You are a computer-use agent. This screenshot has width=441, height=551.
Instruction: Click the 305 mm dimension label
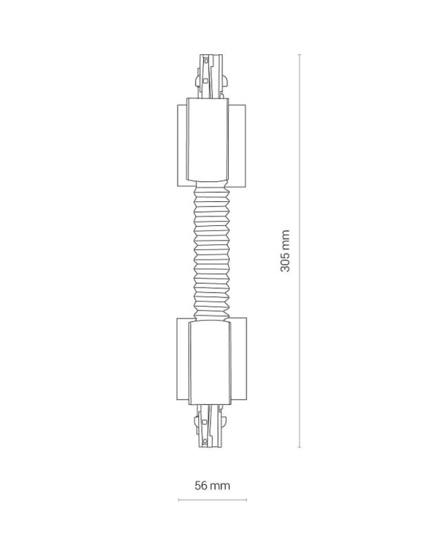click(285, 251)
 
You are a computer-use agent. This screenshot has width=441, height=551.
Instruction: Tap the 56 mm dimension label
click(212, 486)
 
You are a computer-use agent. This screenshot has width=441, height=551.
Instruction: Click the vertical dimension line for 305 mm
click(300, 172)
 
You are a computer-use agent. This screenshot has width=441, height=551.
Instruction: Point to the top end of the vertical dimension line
click(300, 54)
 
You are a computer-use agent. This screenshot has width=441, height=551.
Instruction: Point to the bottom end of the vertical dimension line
click(300, 447)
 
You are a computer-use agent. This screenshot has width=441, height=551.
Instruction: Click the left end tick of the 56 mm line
click(178, 499)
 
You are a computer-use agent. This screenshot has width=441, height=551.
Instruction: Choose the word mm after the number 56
click(220, 486)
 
